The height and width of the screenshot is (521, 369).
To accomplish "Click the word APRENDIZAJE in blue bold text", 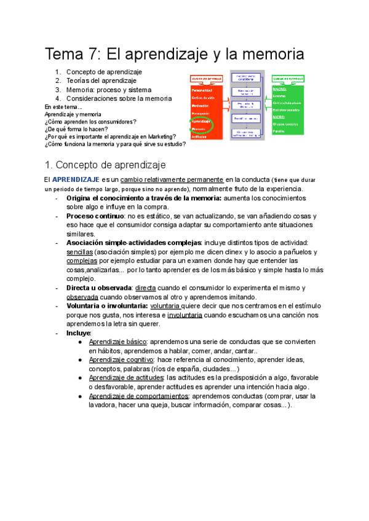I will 71,179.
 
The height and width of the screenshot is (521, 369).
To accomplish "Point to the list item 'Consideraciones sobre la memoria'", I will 119,98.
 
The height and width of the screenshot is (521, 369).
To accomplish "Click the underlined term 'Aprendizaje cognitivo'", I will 121,359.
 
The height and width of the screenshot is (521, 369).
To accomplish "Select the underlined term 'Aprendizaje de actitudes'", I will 126,377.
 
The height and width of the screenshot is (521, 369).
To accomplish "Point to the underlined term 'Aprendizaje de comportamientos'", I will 138,396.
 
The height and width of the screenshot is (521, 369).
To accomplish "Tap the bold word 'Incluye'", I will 78,332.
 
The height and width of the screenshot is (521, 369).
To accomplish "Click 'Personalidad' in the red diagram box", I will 202,91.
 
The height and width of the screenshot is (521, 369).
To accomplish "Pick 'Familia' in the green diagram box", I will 279,131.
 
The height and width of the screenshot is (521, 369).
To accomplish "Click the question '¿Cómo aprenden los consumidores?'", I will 90,122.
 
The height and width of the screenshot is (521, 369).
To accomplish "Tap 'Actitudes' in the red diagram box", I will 199,136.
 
